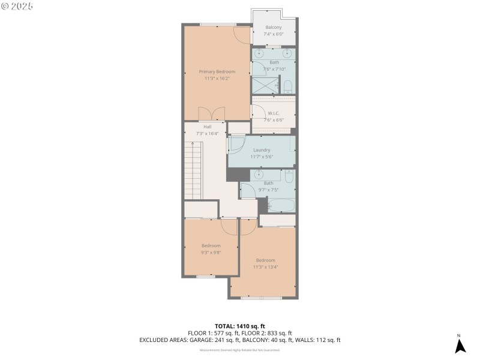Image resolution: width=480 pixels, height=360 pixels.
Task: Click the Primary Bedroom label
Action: coord(217,71)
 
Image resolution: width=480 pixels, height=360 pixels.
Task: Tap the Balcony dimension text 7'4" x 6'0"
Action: coord(273,34)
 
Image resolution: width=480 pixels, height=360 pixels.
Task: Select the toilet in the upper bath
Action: coord(287,86)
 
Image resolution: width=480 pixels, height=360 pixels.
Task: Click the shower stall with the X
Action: coord(265,85)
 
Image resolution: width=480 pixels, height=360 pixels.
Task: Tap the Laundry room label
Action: coord(262,150)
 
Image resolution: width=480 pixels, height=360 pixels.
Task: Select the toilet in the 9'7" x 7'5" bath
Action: coord(289,176)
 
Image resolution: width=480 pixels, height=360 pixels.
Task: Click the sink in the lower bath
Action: coord(259,175)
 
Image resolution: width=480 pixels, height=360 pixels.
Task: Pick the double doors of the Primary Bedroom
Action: coord(211,114)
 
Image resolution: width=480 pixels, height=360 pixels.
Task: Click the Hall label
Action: coord(207,127)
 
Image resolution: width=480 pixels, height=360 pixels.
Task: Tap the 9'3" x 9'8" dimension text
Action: coord(211,252)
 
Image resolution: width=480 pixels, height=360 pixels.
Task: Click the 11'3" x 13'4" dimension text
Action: coord(265,267)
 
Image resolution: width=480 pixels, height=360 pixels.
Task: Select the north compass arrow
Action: coord(460,346)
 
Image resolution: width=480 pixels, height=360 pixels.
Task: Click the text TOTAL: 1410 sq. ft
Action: coord(239,326)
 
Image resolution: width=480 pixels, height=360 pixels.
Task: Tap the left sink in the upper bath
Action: coord(259,53)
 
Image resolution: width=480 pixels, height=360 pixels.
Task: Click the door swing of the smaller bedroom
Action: coord(229,226)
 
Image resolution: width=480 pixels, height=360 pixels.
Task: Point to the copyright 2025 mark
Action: coord(17,5)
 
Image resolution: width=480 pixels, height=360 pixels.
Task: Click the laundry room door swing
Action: coord(236,145)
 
